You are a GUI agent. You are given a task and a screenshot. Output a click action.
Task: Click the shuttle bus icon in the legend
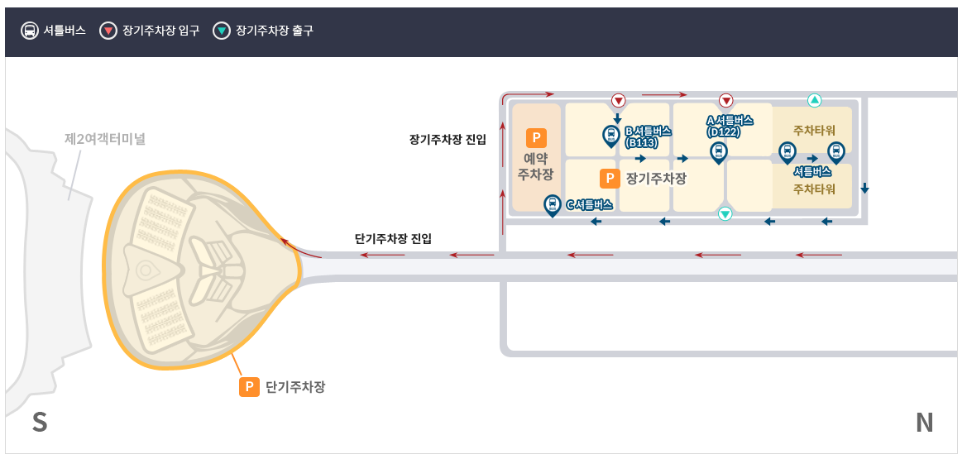[30, 31]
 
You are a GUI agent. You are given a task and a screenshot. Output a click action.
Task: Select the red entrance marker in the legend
[108, 31]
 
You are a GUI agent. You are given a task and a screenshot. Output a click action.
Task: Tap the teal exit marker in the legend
[222, 31]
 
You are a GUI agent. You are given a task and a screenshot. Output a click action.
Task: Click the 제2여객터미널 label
[105, 139]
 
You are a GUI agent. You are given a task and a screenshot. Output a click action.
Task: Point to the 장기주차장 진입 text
[448, 139]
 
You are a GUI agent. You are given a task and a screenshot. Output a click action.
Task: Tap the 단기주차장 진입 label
[393, 239]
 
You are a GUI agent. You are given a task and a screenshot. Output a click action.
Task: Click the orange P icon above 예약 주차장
[535, 138]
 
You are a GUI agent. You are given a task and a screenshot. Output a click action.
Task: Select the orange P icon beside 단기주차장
[250, 386]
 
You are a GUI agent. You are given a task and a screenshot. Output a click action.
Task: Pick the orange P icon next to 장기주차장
[609, 178]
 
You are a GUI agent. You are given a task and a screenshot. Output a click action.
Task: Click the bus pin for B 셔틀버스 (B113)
[610, 135]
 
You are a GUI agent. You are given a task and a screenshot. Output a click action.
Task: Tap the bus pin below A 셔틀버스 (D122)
[718, 151]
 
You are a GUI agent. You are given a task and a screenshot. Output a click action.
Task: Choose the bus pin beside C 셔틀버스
[552, 204]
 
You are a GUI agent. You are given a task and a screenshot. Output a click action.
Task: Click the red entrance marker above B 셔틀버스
[618, 101]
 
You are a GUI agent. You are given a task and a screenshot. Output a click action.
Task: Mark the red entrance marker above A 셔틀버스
[726, 101]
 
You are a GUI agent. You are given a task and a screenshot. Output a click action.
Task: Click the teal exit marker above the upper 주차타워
[814, 100]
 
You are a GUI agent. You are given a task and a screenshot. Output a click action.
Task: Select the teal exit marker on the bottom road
[725, 213]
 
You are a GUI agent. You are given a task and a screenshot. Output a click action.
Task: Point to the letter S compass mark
[39, 423]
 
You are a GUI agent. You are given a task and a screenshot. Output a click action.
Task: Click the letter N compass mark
[924, 423]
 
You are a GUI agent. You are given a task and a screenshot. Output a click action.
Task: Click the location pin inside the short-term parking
[147, 270]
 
